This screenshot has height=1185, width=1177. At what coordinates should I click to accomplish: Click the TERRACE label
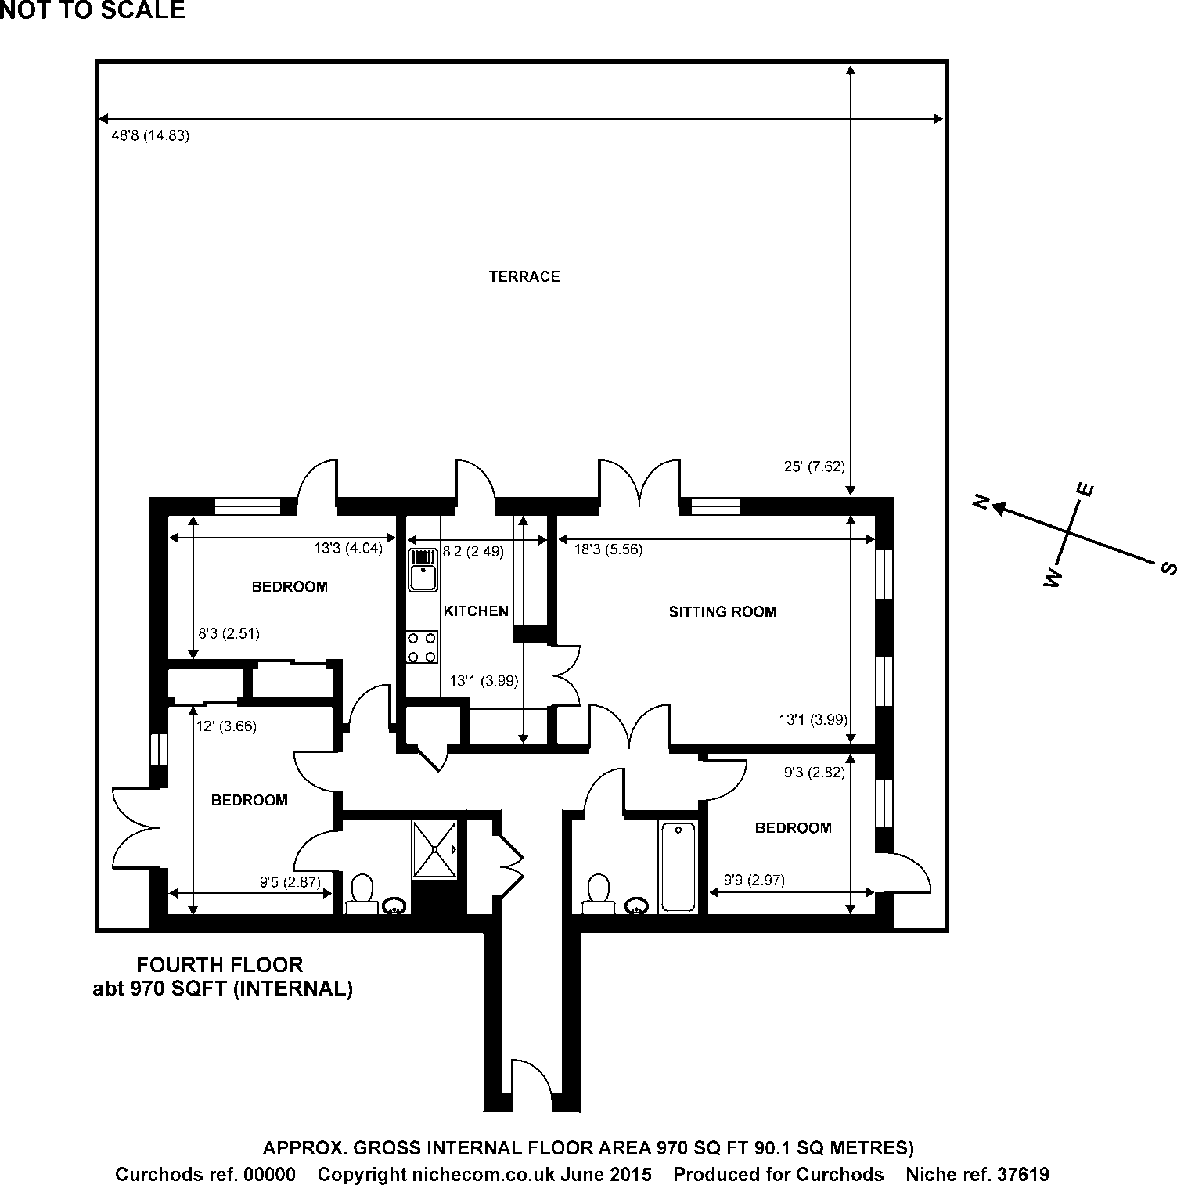click(524, 276)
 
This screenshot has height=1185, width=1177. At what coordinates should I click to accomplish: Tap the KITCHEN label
click(476, 611)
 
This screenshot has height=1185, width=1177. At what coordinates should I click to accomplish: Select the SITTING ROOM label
click(722, 612)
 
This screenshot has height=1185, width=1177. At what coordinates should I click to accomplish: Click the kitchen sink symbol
click(423, 569)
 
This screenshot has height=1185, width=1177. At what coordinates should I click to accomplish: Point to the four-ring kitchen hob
click(421, 647)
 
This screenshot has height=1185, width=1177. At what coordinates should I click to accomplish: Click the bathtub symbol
click(678, 866)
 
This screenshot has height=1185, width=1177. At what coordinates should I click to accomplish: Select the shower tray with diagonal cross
click(434, 849)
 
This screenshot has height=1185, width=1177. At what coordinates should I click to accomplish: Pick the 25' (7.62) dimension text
click(814, 467)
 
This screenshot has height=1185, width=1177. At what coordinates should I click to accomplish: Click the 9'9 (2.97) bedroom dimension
click(747, 881)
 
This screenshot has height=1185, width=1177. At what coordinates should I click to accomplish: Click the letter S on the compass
click(1169, 569)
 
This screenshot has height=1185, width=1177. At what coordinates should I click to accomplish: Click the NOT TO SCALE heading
click(92, 10)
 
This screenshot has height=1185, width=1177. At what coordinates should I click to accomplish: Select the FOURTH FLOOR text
click(220, 965)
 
